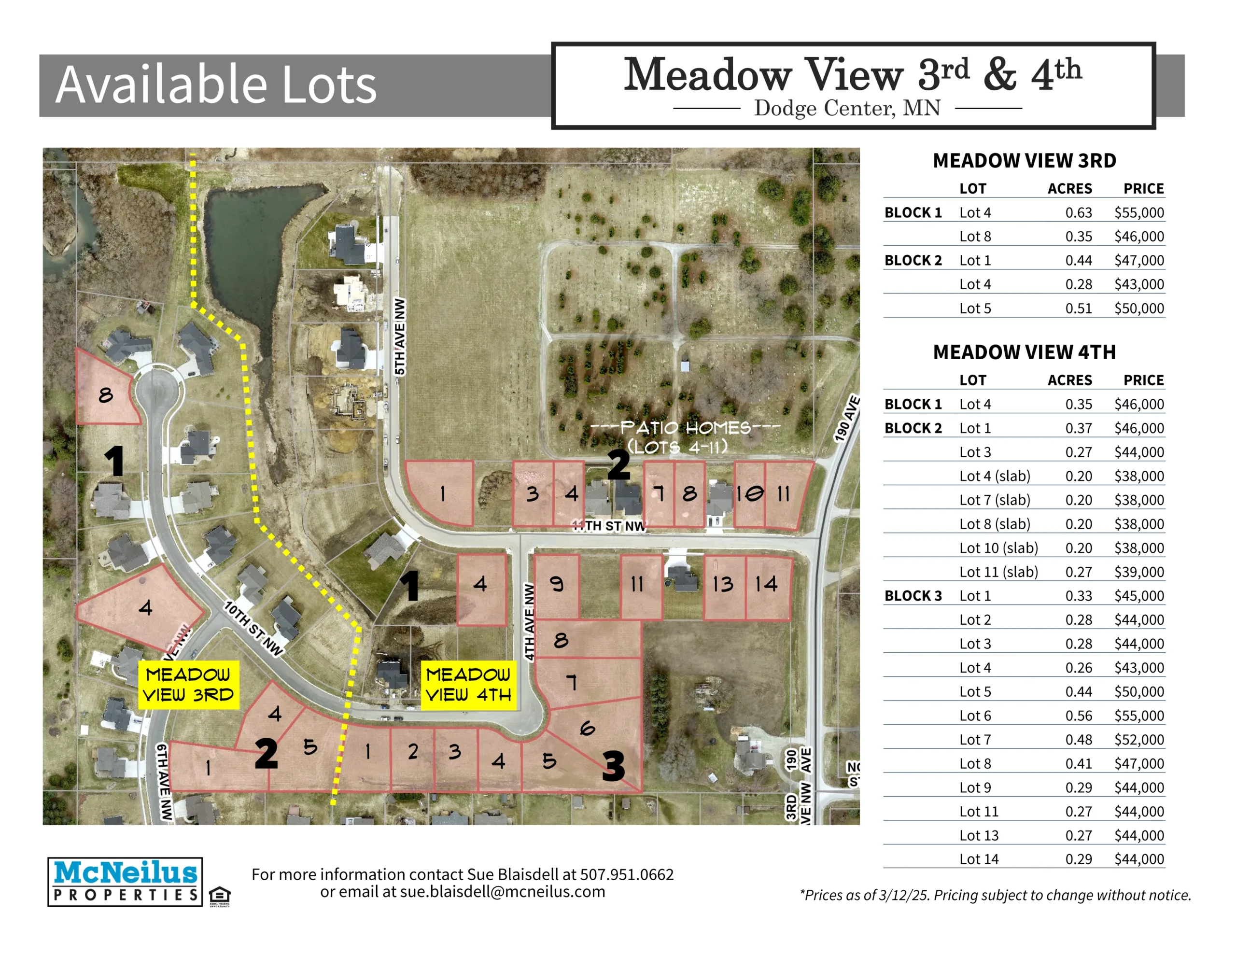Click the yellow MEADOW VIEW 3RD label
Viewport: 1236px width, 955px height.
(188, 685)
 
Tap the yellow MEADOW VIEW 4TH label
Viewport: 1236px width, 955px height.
(469, 685)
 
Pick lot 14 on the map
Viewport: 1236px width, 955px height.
(768, 588)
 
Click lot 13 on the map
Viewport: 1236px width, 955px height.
(724, 588)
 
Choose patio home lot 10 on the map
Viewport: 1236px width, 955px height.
(749, 494)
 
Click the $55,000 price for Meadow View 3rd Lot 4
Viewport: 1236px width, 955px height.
(1138, 212)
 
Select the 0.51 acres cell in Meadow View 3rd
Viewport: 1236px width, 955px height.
(1078, 308)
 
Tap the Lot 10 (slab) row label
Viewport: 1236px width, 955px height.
(998, 548)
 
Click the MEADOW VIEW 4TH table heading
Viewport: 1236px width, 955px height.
(1025, 352)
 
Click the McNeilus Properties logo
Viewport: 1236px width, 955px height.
(125, 882)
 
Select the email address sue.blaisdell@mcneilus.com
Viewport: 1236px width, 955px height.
(503, 892)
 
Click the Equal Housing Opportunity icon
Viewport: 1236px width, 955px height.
(220, 896)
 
